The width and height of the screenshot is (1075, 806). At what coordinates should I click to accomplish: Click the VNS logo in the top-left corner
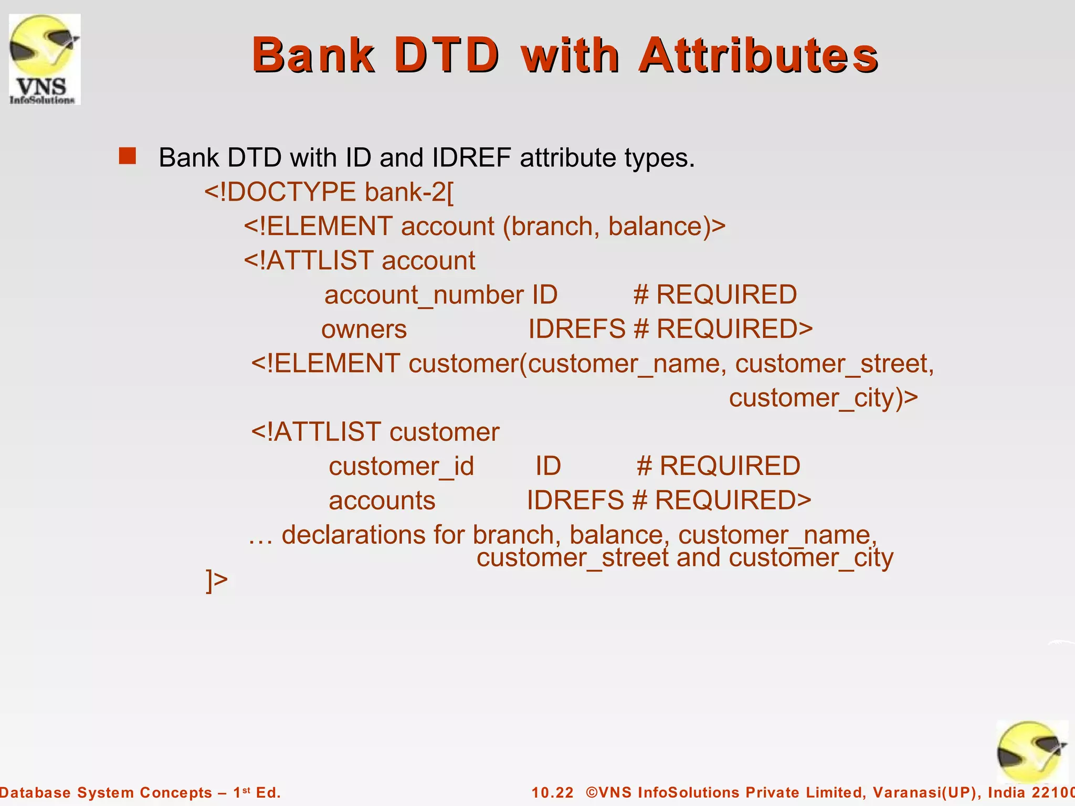[45, 59]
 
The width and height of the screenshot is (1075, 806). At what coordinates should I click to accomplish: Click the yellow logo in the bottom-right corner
[1031, 752]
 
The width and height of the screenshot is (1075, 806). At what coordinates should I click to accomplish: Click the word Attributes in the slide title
[758, 55]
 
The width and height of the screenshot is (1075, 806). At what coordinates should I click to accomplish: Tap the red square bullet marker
[127, 156]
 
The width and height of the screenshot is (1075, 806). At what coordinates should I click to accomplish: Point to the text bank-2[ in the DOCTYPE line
[409, 192]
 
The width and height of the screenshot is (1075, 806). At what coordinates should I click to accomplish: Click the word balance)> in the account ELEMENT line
[667, 227]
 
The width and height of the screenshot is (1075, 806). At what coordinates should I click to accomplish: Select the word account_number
[424, 295]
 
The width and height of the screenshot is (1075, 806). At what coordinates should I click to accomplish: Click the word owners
[364, 330]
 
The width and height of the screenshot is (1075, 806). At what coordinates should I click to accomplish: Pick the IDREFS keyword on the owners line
[576, 330]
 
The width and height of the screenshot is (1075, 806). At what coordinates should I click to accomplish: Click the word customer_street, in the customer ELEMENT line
[835, 364]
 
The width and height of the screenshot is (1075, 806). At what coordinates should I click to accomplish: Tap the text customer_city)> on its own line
[823, 398]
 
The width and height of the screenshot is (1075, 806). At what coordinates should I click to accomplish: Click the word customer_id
[401, 466]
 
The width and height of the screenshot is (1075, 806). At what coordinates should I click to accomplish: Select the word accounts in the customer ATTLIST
[382, 501]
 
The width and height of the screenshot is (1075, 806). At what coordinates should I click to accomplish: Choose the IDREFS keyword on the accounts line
[575, 501]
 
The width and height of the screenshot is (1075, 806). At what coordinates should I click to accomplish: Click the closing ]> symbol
[217, 580]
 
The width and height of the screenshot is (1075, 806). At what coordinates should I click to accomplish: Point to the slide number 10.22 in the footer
[552, 792]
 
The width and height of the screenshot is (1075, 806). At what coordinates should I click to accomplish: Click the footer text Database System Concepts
[105, 792]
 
